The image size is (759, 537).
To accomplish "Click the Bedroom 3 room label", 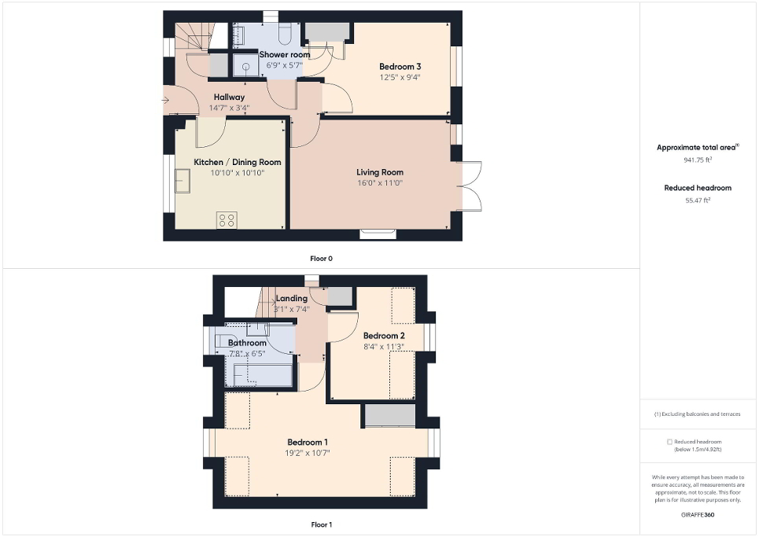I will (x=400, y=66).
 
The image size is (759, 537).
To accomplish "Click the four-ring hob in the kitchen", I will (x=227, y=220).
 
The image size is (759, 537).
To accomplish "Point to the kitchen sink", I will (x=183, y=182).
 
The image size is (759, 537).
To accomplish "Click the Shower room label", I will (x=285, y=54).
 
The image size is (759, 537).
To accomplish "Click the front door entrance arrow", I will (x=165, y=100).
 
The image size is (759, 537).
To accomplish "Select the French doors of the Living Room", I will (x=470, y=186).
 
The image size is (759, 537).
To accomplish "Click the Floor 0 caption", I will (x=321, y=258).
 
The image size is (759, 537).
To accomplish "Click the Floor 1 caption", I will (x=321, y=524).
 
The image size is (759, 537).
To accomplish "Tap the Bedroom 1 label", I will (x=308, y=441).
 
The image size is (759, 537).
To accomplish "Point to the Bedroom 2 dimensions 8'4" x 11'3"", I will (x=384, y=347).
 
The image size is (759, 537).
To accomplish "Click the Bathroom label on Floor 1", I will (x=247, y=343).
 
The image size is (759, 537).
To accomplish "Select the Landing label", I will (x=292, y=299).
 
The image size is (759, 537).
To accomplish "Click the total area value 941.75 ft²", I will (x=698, y=160).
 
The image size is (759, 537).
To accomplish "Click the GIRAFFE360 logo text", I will (x=698, y=514).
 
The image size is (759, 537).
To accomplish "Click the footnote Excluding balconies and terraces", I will (x=698, y=414).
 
